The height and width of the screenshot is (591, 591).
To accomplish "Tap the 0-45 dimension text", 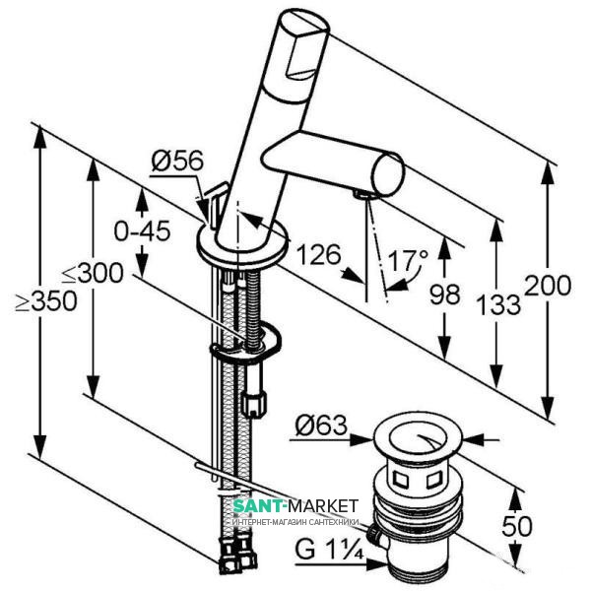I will pos(143,231).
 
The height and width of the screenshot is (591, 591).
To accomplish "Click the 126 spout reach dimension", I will pos(315,255).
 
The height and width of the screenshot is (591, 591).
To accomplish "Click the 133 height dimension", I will pos(500,304).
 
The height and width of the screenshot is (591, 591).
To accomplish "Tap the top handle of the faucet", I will pos(303,44).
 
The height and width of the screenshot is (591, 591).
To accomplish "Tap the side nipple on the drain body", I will pos(374,537).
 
